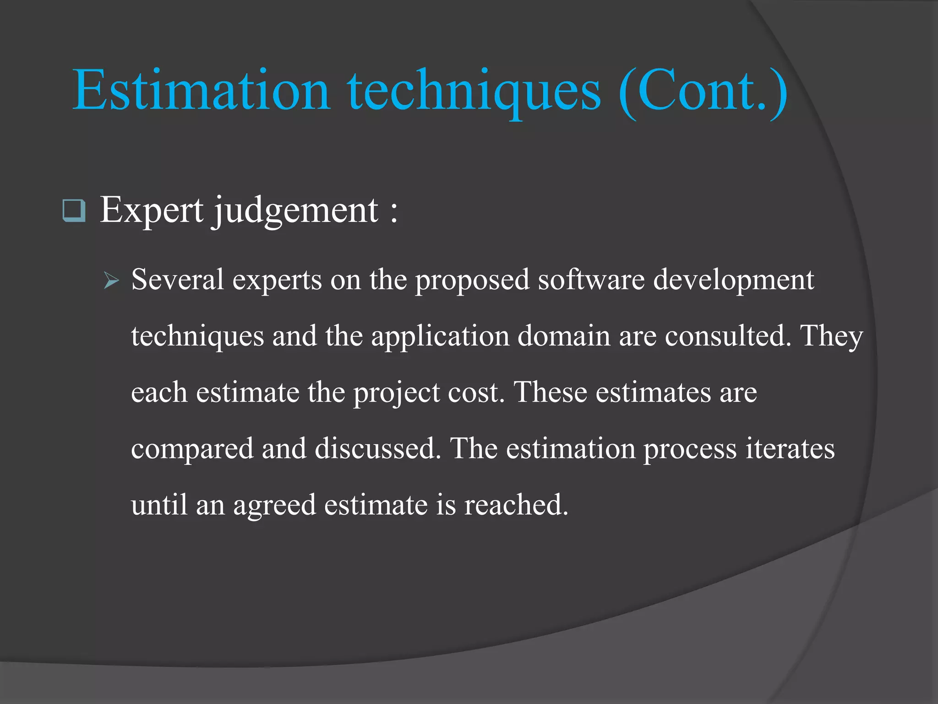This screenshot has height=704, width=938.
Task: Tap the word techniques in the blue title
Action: [x=474, y=90]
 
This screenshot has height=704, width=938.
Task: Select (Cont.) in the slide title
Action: [x=703, y=90]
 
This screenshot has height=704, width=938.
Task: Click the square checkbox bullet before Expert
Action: [x=74, y=211]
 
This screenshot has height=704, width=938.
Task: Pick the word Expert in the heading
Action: [x=152, y=210]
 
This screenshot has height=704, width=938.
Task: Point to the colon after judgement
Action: [x=394, y=213]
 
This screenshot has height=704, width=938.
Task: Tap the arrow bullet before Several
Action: [x=111, y=280]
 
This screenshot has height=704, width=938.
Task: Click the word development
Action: [x=733, y=280]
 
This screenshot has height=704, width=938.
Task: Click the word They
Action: [x=831, y=336]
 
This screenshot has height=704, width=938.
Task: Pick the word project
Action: [x=397, y=393]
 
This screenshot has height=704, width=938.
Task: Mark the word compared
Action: [x=192, y=449]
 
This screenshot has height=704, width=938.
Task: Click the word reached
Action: [x=516, y=505]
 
